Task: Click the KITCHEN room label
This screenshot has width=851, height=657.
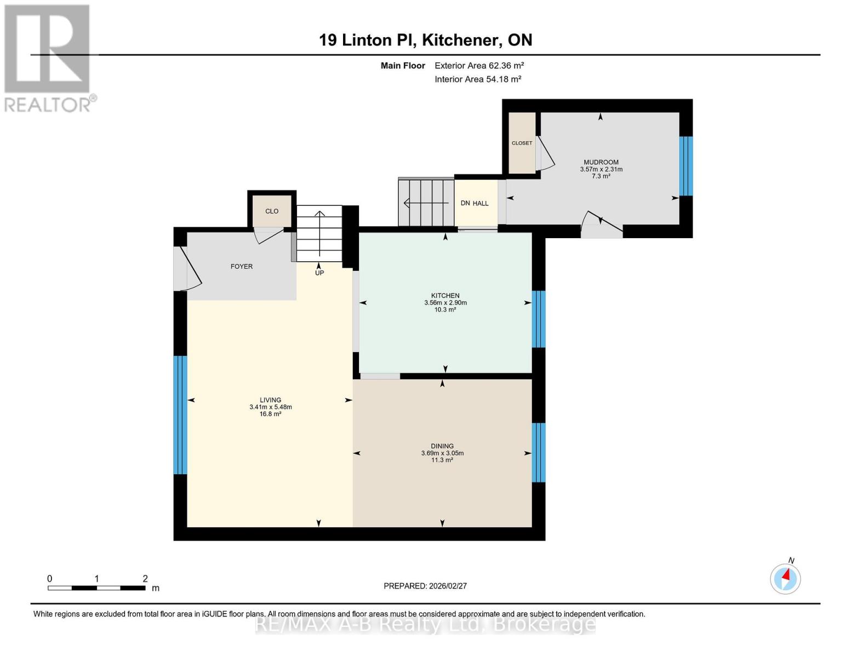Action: [x=445, y=296]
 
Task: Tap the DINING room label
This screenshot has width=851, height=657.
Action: [x=442, y=446]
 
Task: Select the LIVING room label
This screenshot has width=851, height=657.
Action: [x=270, y=400]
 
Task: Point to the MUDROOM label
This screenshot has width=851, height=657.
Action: [x=601, y=162]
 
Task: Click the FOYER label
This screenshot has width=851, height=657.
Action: [x=241, y=267]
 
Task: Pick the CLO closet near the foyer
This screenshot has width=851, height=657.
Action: [x=272, y=211]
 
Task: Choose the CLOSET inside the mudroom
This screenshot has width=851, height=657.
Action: [x=522, y=143]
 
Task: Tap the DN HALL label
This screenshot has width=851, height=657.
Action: [x=475, y=204]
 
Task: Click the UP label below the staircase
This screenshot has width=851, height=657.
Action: [x=319, y=273]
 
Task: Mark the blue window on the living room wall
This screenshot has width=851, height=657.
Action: [x=180, y=414]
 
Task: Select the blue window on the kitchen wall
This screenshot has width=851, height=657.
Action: [x=539, y=319]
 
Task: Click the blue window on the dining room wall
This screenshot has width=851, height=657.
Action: [x=539, y=452]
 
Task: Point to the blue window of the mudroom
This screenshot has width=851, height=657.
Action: [x=686, y=166]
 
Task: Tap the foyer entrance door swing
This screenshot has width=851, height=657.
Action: [x=189, y=269]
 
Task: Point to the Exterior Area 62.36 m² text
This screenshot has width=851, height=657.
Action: [x=479, y=66]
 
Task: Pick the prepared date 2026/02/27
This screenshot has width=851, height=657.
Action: [x=425, y=586]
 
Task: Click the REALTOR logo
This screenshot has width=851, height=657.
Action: [x=48, y=57]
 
